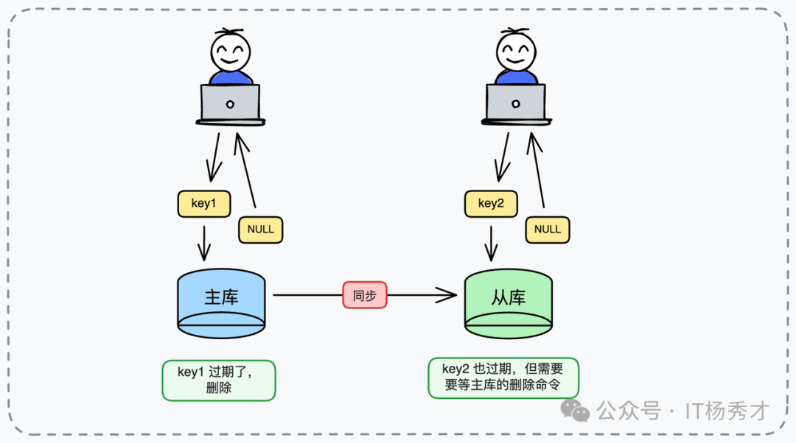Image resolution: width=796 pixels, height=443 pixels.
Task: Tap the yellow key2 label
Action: pos(490,204)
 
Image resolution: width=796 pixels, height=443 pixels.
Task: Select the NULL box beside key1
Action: pos(260,230)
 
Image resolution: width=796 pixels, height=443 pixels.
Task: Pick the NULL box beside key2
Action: pos(547,230)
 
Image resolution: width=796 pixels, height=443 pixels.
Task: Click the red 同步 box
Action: pos(364,296)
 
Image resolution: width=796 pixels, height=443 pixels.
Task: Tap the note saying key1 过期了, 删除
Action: pos(218,380)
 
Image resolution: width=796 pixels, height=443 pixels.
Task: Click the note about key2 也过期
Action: pos(503,378)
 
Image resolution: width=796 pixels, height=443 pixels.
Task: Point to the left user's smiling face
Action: pos(230,52)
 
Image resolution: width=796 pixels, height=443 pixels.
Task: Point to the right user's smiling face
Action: pos(515,52)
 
